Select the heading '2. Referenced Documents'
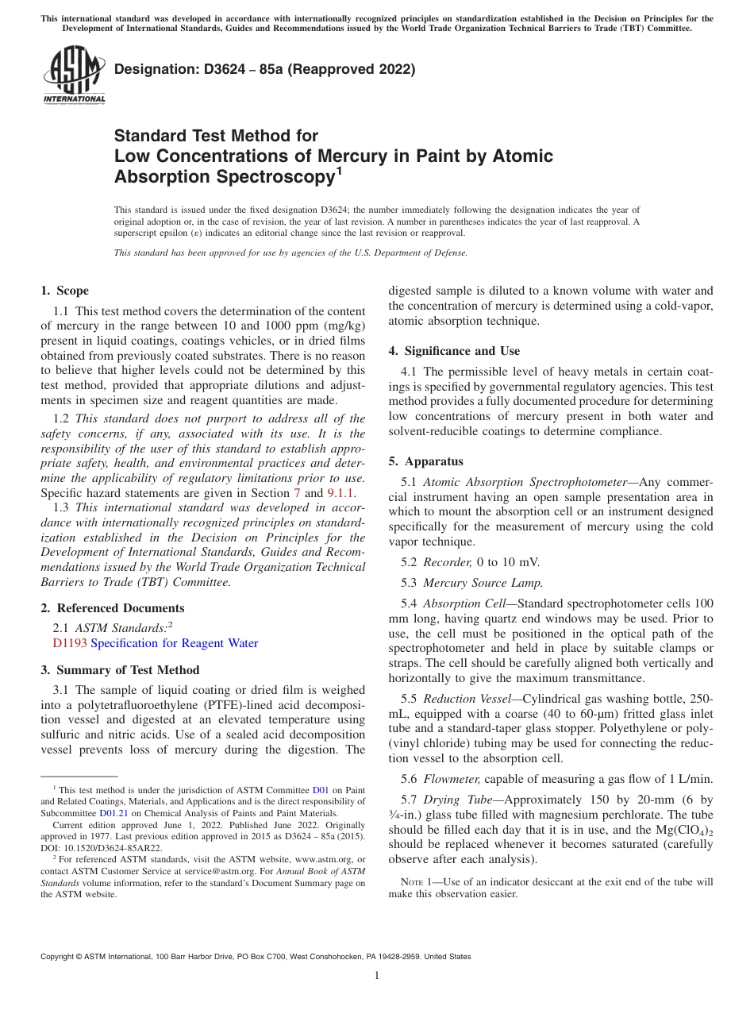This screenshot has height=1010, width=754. (112, 608)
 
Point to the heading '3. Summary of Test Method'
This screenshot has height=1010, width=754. (120, 670)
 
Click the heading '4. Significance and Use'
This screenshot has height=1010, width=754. (454, 351)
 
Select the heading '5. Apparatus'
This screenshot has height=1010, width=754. (425, 461)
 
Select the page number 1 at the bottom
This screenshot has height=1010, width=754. (377, 976)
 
